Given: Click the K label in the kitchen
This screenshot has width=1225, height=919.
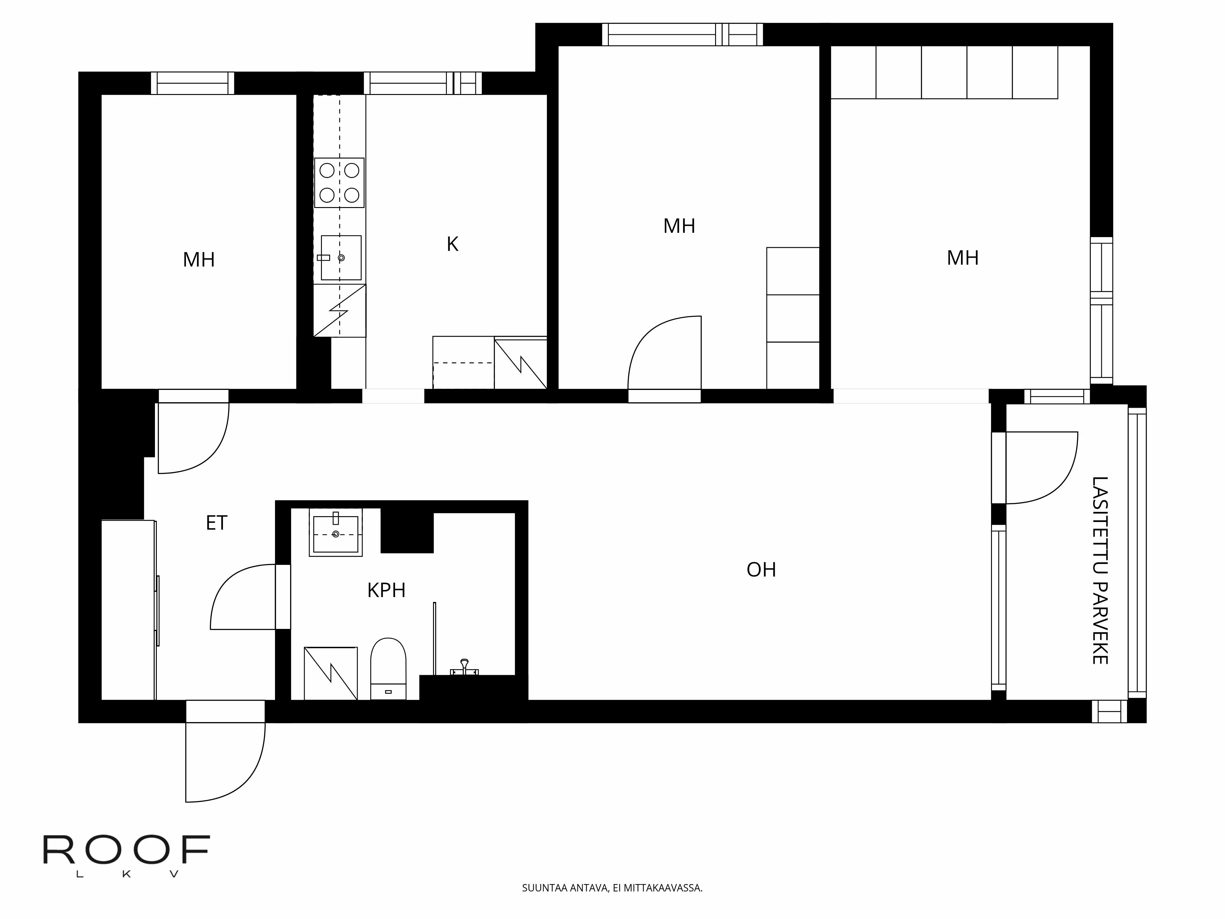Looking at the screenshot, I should click(452, 244).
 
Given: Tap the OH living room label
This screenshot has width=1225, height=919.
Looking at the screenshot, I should click(761, 570).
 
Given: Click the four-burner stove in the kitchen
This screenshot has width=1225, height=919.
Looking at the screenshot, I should click(339, 183).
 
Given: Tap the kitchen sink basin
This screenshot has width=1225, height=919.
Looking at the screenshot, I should click(341, 258).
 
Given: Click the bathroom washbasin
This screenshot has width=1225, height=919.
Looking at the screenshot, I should click(336, 533).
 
